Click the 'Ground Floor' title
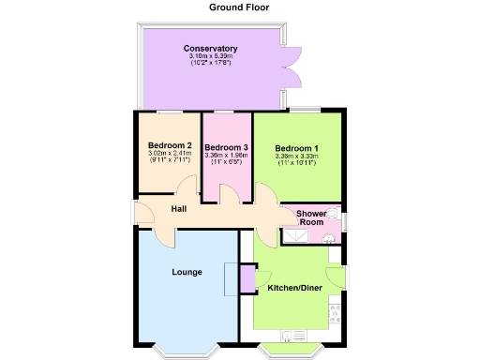(239, 7)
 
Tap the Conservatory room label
(210, 49)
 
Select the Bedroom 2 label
(170, 145)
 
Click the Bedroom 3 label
(226, 147)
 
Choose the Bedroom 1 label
(297, 147)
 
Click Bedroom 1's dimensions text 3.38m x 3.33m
(296, 157)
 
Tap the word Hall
(178, 208)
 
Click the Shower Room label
(310, 218)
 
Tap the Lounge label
(187, 272)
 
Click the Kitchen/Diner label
(292, 288)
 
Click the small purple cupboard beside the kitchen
(247, 278)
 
